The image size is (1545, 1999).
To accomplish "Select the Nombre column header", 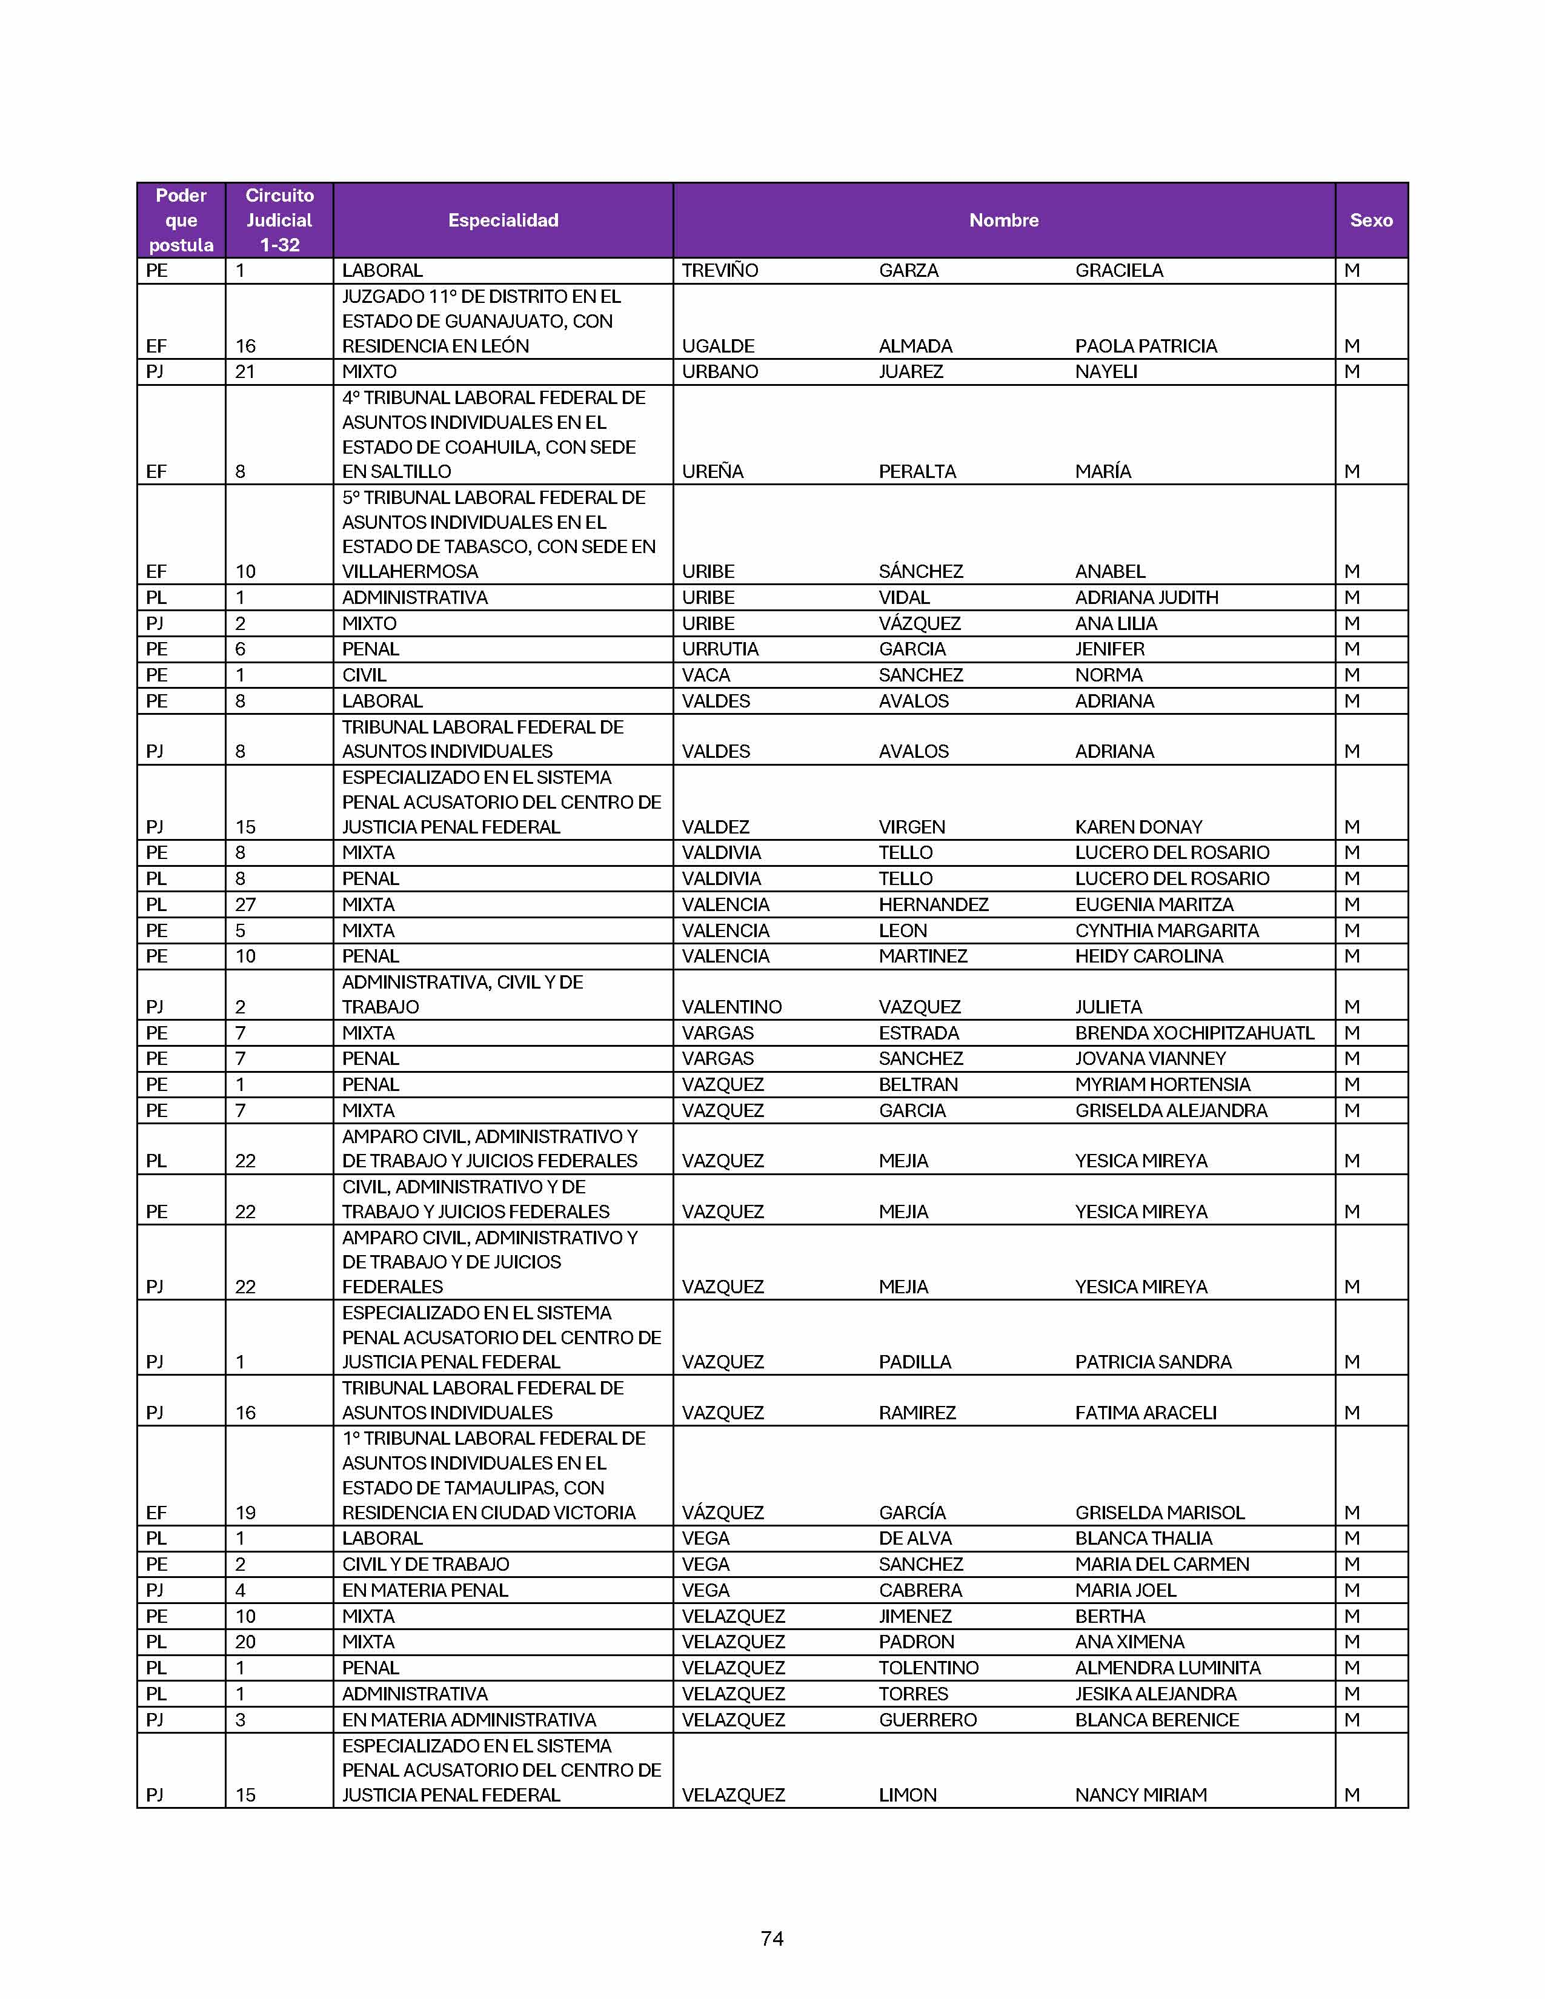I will [1003, 220].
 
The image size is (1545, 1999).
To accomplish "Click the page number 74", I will [771, 1938].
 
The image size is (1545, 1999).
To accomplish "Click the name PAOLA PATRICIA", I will [1145, 346].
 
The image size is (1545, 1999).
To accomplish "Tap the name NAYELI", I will [1106, 371].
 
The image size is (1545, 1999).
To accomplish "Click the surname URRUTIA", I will [720, 649].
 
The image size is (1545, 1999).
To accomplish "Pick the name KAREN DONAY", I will [1138, 826].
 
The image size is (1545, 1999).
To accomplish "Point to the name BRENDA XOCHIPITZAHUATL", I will [1194, 1032].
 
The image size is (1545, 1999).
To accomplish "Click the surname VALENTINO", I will [731, 1007].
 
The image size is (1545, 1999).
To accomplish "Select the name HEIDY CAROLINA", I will [1149, 955].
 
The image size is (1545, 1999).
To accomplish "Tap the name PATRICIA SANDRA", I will [1152, 1361].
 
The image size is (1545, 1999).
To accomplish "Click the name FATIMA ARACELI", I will [1145, 1412].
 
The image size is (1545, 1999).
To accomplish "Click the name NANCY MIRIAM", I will [1140, 1794].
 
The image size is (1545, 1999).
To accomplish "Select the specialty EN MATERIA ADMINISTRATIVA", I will [468, 1719].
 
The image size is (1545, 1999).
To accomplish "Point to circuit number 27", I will [245, 904].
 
